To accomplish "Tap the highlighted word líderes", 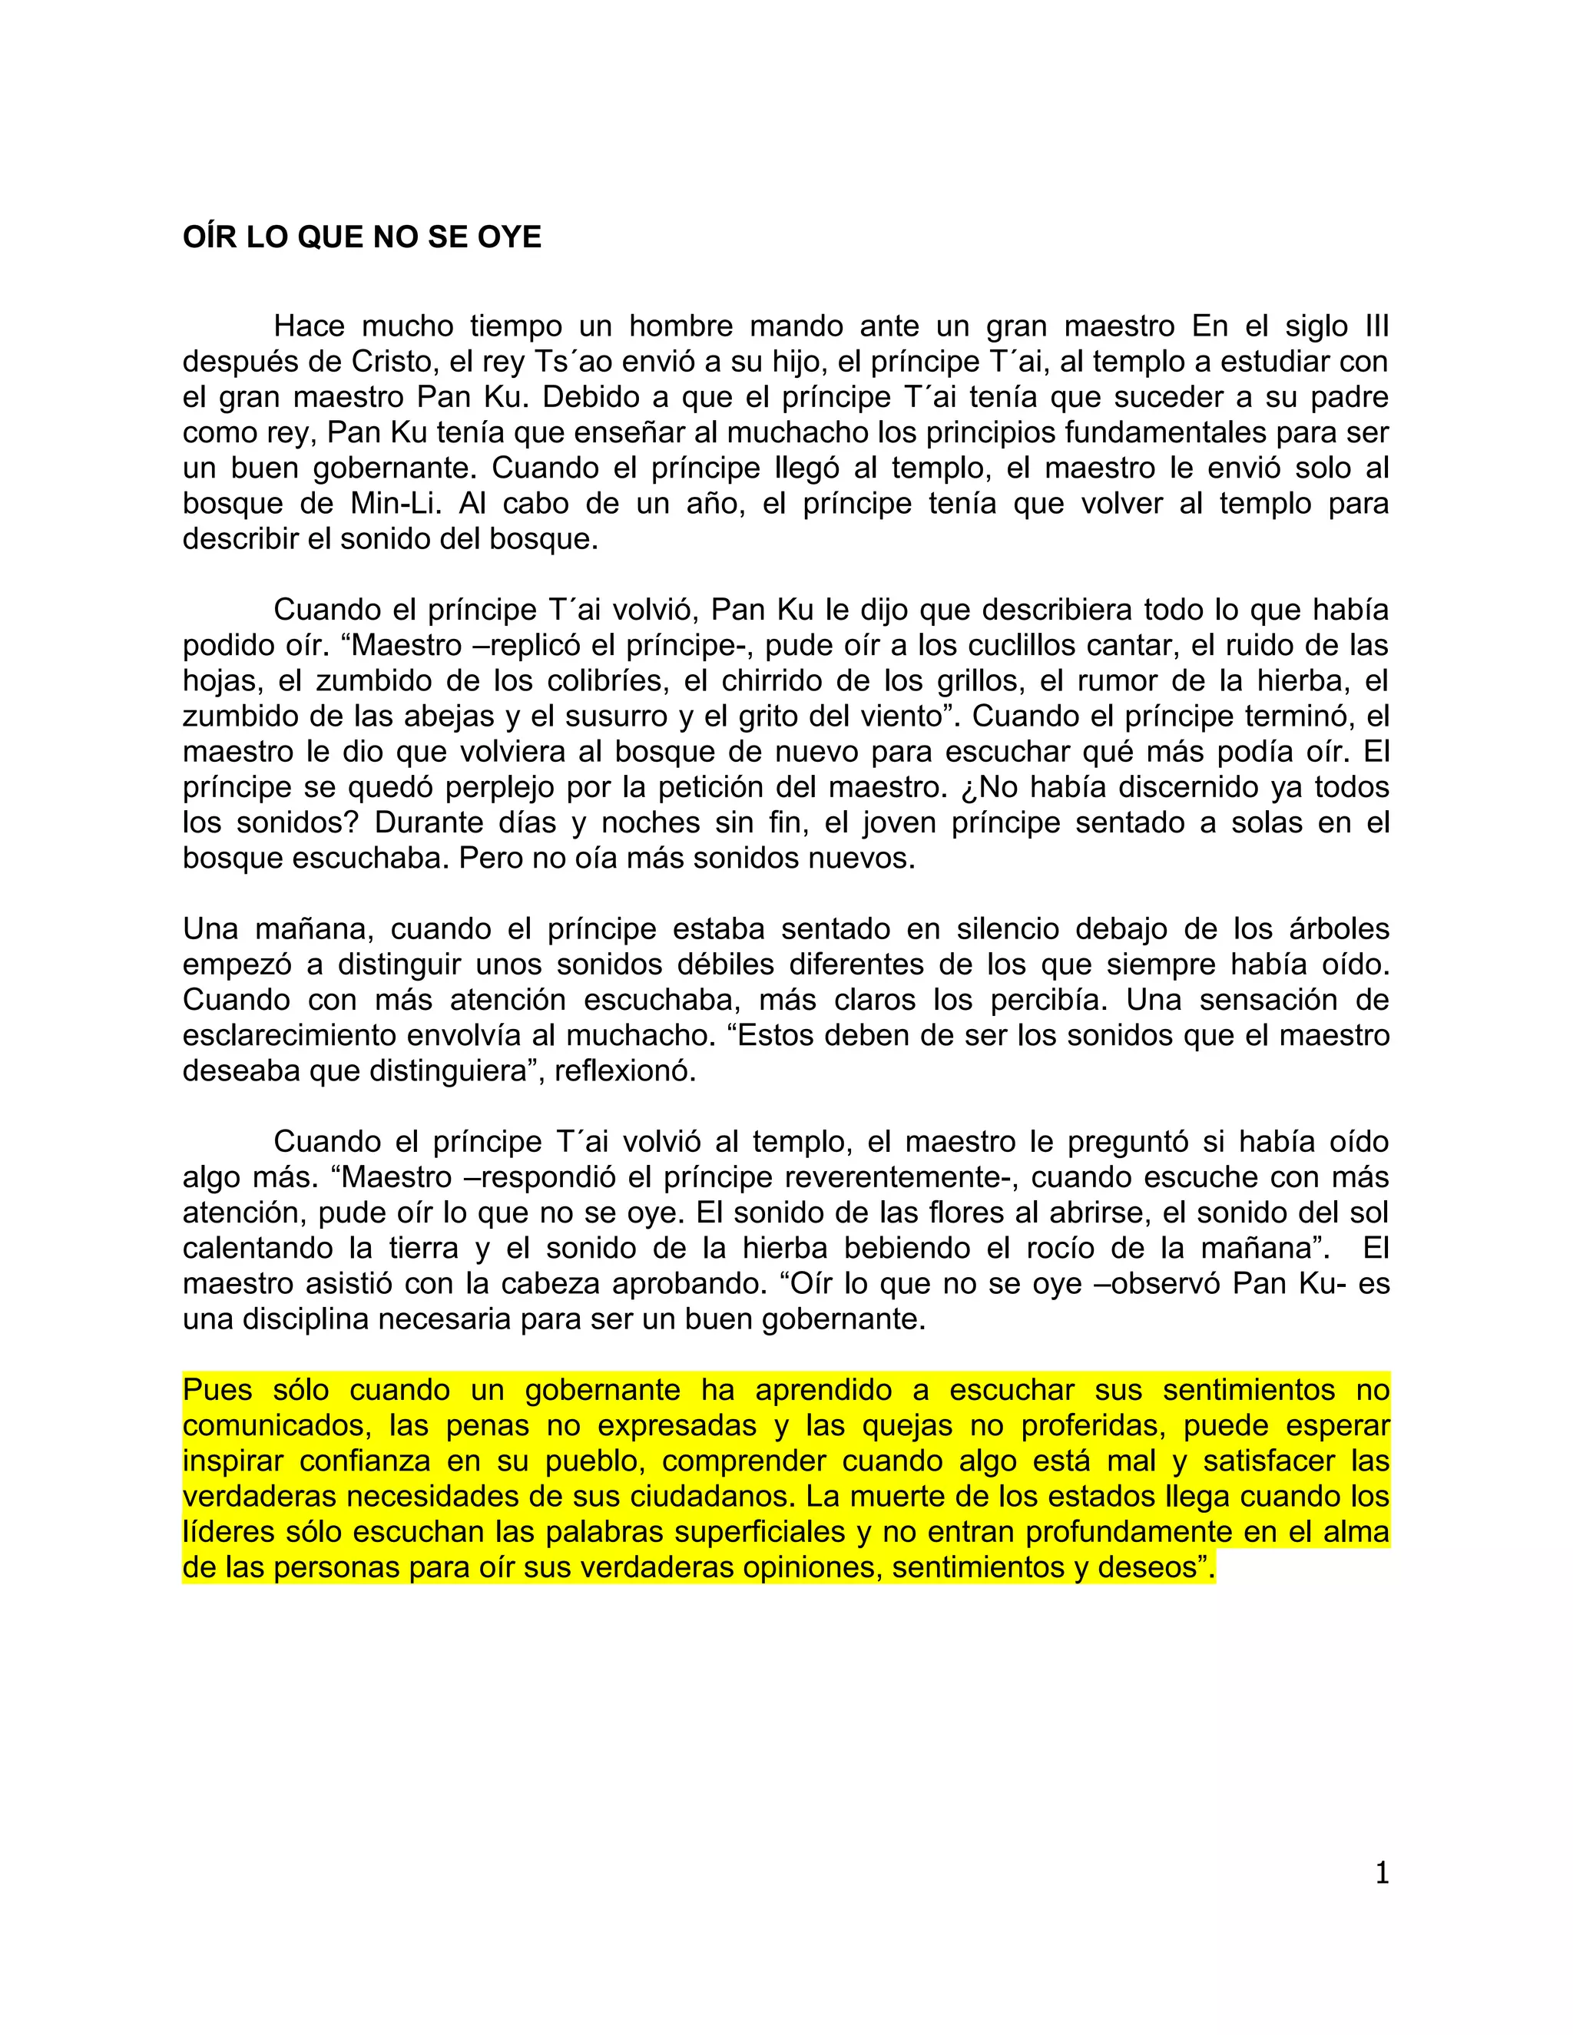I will click(229, 1532).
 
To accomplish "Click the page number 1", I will click(1381, 1873).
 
